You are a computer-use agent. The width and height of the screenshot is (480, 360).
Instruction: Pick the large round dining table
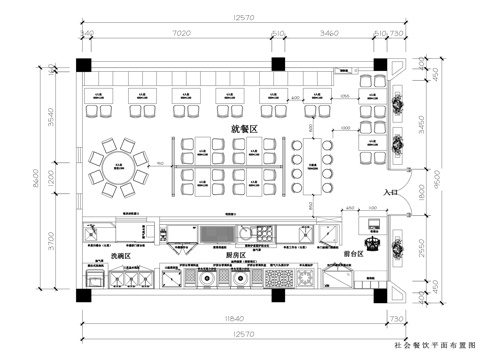coord(118,162)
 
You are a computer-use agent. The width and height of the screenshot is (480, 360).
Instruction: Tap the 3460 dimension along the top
coord(326,33)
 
